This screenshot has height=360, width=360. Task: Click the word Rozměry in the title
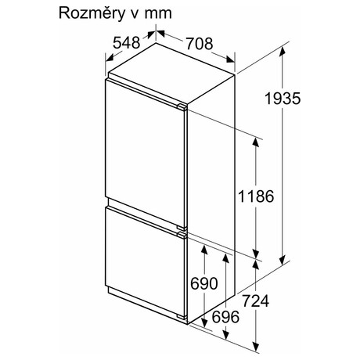click(x=92, y=13)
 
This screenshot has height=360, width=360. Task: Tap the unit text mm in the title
click(x=158, y=14)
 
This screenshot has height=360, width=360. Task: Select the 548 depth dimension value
click(x=127, y=42)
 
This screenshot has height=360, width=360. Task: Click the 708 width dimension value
click(x=200, y=44)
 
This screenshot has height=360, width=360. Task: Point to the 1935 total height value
click(x=283, y=99)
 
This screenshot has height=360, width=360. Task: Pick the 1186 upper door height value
click(x=256, y=196)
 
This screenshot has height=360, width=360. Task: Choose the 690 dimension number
click(x=204, y=283)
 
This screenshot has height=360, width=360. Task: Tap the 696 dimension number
click(x=225, y=317)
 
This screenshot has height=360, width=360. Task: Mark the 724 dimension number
click(x=255, y=301)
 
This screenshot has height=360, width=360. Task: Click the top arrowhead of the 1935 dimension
click(x=283, y=52)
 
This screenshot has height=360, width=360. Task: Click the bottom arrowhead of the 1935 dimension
click(x=283, y=260)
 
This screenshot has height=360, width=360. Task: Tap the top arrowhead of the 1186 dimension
click(x=256, y=142)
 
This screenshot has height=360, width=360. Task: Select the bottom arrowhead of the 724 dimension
click(x=256, y=347)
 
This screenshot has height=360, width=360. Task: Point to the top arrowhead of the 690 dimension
click(x=204, y=250)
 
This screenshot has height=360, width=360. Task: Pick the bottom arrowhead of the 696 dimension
click(x=225, y=334)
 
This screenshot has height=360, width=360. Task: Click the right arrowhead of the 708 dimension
click(x=230, y=59)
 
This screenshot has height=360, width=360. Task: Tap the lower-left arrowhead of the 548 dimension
click(x=110, y=58)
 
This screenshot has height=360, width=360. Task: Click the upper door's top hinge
click(x=182, y=107)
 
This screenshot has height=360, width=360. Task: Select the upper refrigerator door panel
click(x=146, y=154)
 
